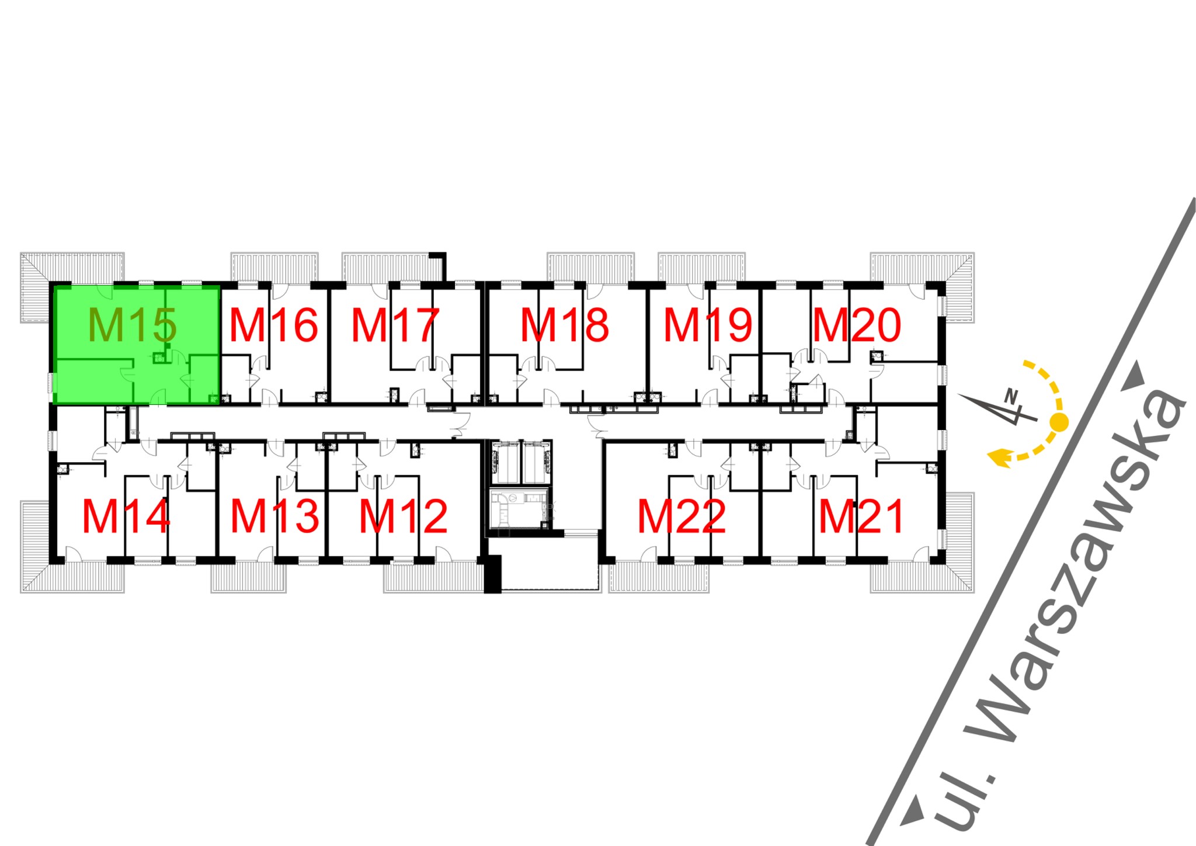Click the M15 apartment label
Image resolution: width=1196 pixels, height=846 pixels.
point(132,325)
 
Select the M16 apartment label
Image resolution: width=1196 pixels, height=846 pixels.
point(273,325)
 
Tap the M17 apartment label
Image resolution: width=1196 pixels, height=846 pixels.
point(395,325)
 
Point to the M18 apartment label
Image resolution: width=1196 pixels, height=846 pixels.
point(565,325)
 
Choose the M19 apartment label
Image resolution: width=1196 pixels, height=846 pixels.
point(708,325)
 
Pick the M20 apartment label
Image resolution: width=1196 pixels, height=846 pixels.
point(857,325)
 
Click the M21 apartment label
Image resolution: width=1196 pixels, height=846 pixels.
point(861,516)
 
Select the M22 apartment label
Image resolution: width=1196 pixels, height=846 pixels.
point(682,516)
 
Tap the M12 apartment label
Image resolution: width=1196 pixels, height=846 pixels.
point(403,516)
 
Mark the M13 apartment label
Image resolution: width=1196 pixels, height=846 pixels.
point(274,516)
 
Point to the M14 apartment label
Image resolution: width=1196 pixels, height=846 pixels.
point(126,516)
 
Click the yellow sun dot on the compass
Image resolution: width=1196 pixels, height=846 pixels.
point(1059,422)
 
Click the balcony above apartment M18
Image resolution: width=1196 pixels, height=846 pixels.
point(590,266)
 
